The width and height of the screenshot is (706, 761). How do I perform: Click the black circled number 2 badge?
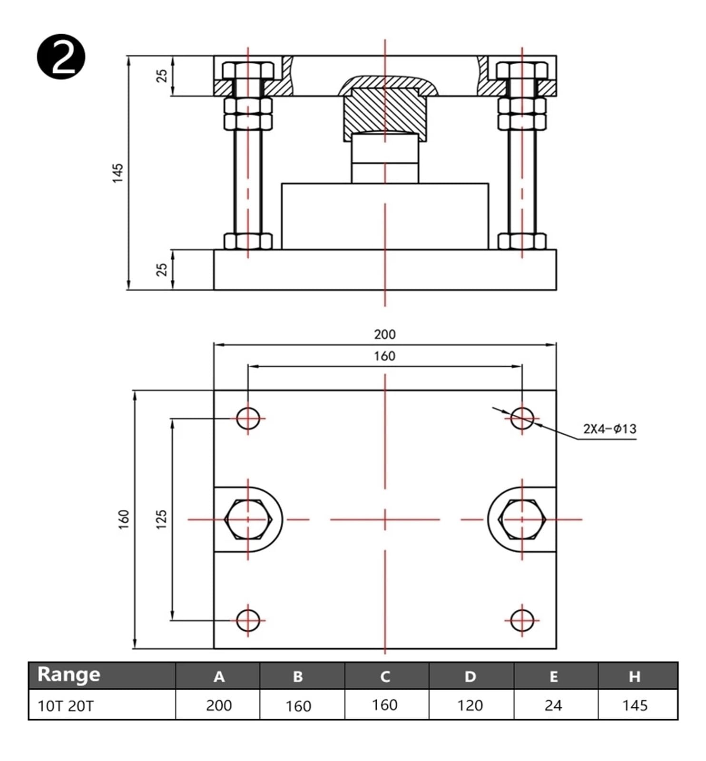[61, 56]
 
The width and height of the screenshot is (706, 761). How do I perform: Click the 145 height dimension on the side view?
[118, 173]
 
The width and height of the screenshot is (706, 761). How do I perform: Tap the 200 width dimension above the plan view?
[384, 334]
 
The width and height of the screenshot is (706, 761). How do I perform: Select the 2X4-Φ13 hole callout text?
[609, 429]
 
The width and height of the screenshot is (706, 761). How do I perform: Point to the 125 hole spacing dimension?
[162, 519]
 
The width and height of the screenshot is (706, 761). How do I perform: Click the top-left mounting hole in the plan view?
[248, 419]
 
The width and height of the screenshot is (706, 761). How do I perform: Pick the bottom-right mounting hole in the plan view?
[522, 620]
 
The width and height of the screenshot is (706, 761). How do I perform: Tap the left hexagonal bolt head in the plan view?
[248, 519]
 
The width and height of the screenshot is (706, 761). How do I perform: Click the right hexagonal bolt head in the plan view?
[522, 519]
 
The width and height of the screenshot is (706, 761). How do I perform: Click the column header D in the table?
[471, 676]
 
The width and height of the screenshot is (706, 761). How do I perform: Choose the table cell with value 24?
[553, 705]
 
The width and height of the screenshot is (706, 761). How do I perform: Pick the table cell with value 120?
[471, 705]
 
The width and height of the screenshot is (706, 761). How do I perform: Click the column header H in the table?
[635, 676]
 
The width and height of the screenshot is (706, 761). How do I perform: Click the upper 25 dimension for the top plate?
[162, 76]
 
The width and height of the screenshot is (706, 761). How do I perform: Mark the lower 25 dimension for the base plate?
[162, 269]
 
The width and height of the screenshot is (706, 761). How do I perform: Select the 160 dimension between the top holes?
[384, 356]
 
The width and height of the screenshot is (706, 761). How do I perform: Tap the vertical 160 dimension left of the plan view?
[124, 519]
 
